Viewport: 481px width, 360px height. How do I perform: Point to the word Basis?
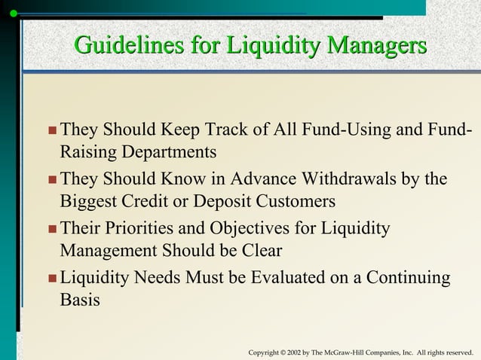click(79, 300)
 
